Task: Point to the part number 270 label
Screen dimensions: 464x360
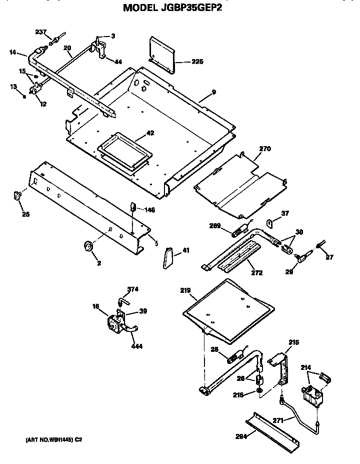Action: [x=264, y=148]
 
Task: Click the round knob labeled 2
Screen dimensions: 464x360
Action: [x=89, y=246]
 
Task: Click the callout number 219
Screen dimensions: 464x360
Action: [x=185, y=290]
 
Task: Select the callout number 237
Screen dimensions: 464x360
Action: [x=40, y=33]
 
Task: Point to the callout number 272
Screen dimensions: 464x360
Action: [x=256, y=273]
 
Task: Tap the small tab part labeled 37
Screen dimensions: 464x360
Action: [x=269, y=222]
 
